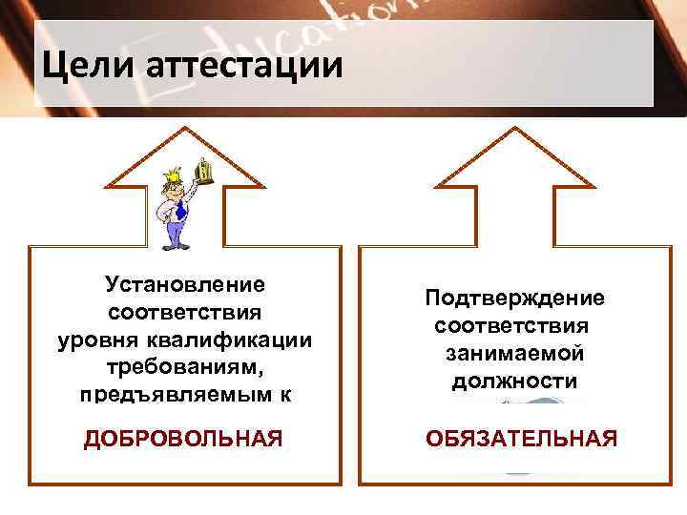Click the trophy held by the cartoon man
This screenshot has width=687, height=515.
[202, 171]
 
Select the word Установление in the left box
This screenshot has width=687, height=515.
[185, 284]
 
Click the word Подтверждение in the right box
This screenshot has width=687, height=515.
[514, 298]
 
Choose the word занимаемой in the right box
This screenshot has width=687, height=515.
[514, 353]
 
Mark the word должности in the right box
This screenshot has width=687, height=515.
[514, 381]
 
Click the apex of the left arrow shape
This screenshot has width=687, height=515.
[184, 132]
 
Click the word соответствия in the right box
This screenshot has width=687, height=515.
[514, 325]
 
